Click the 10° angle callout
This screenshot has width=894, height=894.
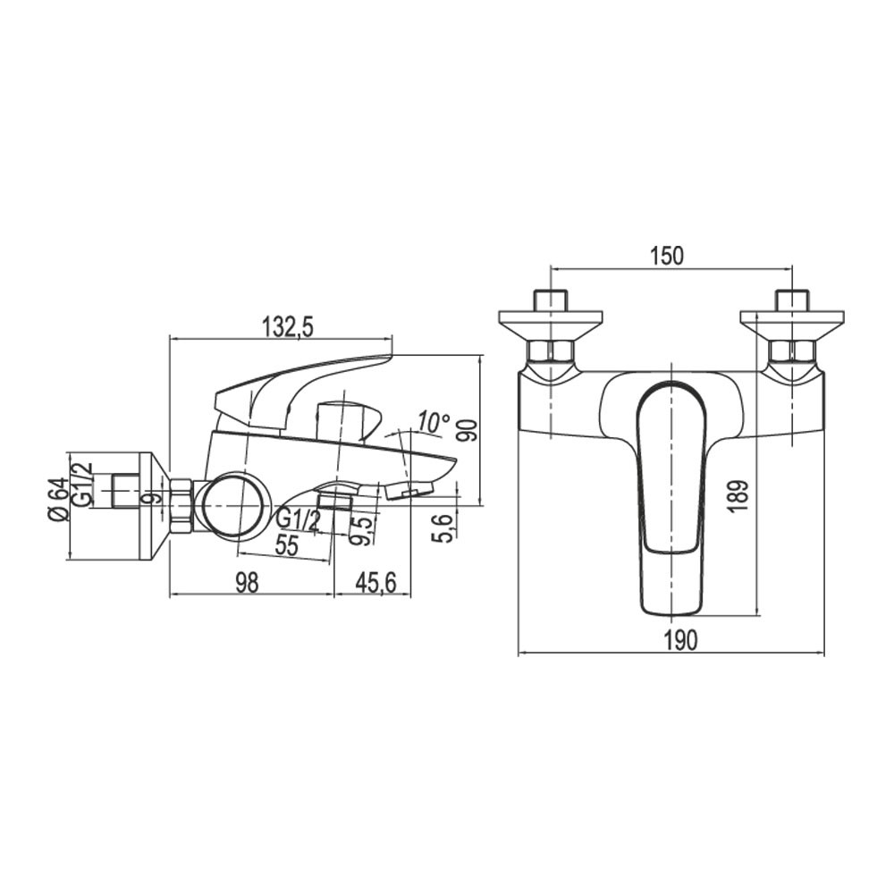point(432,422)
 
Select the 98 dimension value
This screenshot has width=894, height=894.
point(247,582)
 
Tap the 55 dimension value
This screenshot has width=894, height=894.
point(286,545)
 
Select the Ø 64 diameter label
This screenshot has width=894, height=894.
point(59,497)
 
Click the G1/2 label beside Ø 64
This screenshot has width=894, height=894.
point(83,483)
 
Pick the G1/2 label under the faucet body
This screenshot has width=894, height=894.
point(298,520)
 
